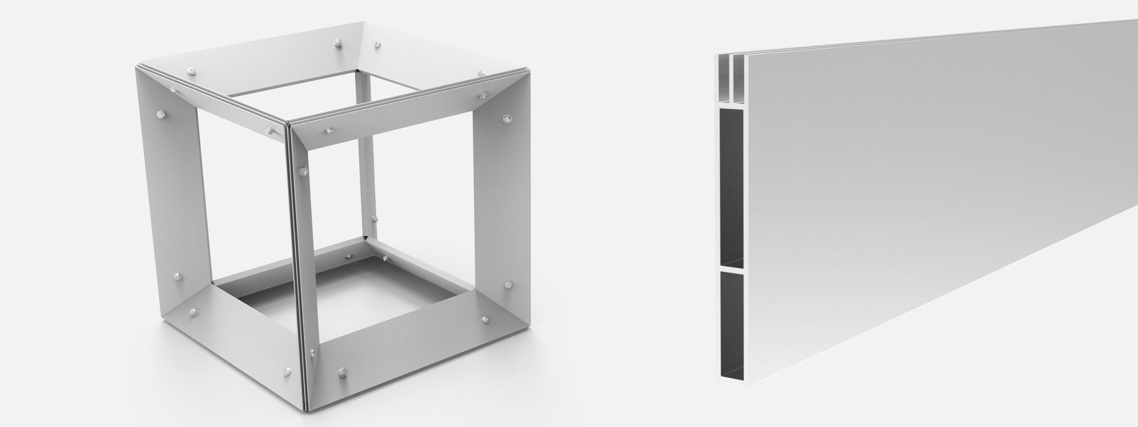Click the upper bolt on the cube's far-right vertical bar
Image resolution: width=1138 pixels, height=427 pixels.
[x=507, y=118]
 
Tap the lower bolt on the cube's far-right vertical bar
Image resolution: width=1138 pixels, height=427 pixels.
[x=508, y=284]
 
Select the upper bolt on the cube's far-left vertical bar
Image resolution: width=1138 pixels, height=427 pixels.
[x=160, y=115]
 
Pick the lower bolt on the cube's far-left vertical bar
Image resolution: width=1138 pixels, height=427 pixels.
[x=178, y=277]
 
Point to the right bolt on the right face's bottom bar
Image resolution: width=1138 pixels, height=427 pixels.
[x=485, y=320]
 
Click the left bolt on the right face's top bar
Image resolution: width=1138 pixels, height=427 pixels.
[x=328, y=131]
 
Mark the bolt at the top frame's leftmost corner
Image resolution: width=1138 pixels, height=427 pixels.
[x=190, y=72]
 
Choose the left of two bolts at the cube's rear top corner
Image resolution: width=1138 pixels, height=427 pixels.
[x=338, y=44]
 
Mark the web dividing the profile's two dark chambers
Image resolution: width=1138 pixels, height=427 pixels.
[x=731, y=268]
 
